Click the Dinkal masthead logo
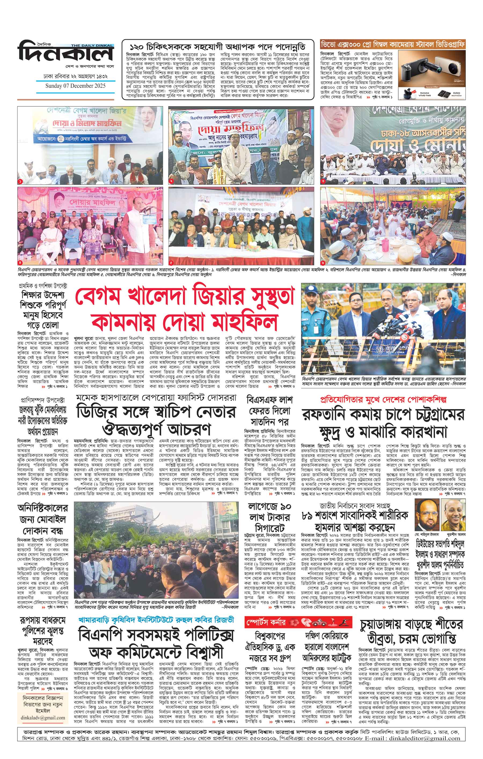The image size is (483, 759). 65,53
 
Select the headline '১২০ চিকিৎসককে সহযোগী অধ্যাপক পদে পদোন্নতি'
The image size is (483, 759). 218,46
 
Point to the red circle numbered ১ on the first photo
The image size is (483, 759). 20,182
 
